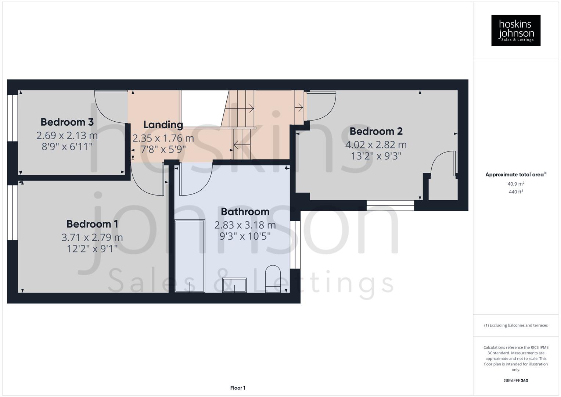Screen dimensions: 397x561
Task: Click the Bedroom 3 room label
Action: (x=67, y=122)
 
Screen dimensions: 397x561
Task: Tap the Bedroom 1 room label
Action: (x=92, y=224)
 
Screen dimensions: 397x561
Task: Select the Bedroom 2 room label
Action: (x=376, y=131)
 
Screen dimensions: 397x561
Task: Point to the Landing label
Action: (x=163, y=125)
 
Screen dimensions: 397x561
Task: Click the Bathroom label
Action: (x=245, y=212)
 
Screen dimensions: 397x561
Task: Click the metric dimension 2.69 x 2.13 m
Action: (x=67, y=136)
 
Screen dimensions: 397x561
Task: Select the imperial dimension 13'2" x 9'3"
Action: (x=376, y=156)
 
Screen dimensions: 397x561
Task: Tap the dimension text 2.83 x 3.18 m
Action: (x=245, y=225)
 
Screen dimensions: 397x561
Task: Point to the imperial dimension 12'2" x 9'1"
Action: (x=92, y=249)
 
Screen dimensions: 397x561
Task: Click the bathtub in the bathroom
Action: (x=190, y=256)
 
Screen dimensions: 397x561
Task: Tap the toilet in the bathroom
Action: (x=273, y=279)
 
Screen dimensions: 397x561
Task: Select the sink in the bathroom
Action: (x=234, y=285)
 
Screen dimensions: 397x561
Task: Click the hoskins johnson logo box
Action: (x=515, y=31)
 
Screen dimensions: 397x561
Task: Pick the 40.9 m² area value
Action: (x=515, y=184)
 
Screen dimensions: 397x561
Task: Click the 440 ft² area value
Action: (x=515, y=192)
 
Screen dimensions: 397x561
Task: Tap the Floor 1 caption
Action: (x=238, y=388)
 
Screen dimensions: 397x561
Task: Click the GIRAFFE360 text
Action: (x=515, y=381)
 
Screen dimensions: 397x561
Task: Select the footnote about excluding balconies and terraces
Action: (x=515, y=325)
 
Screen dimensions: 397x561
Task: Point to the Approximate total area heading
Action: (x=515, y=175)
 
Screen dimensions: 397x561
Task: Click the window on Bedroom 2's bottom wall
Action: (x=390, y=205)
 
